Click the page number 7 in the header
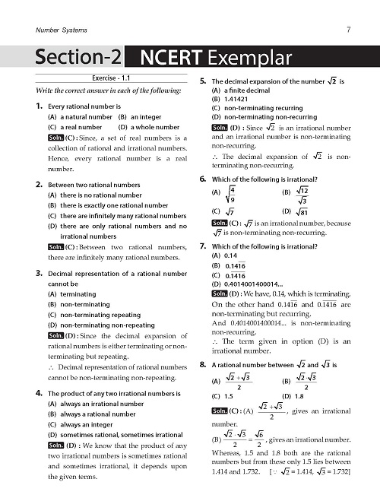click(347, 30)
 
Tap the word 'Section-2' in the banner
click(78, 59)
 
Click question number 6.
click(203, 178)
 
